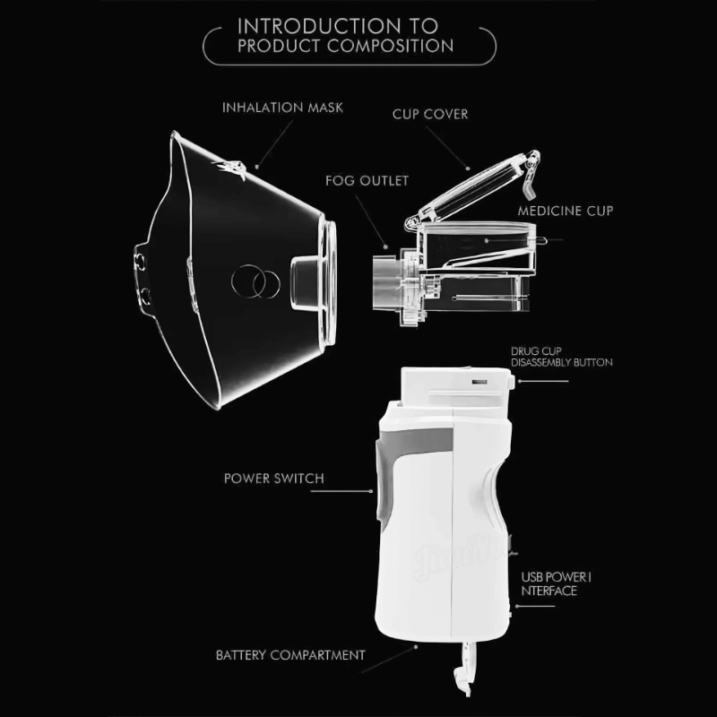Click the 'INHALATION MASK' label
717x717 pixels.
pyautogui.click(x=282, y=108)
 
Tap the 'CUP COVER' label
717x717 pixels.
pyautogui.click(x=430, y=115)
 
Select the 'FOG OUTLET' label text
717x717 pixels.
pyautogui.click(x=367, y=181)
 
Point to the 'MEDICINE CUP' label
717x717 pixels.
pyautogui.click(x=566, y=211)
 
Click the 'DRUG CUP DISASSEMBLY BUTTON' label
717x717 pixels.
pyautogui.click(x=562, y=357)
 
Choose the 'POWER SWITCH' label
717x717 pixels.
pyautogui.click(x=274, y=479)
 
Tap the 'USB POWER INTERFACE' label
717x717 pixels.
pyautogui.click(x=556, y=584)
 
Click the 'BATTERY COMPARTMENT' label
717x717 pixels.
pyautogui.click(x=290, y=655)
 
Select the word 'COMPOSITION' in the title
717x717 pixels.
pyautogui.click(x=391, y=46)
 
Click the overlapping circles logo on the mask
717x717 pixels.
pyautogui.click(x=255, y=281)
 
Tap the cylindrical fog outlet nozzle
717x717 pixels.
pyautogui.click(x=385, y=283)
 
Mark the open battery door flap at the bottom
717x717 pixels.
pyautogui.click(x=462, y=669)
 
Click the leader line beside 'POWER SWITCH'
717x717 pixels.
pyautogui.click(x=341, y=491)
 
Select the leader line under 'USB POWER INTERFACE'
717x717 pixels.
pyautogui.click(x=535, y=607)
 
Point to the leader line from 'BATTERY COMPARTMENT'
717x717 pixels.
pyautogui.click(x=389, y=659)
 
